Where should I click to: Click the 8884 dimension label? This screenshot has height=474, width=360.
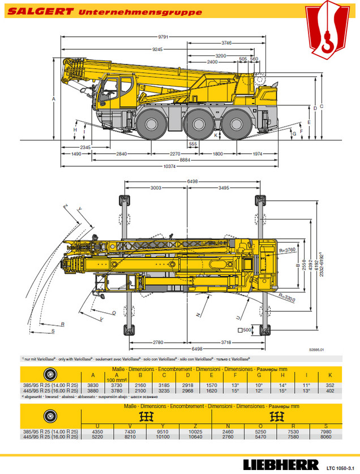[169, 160]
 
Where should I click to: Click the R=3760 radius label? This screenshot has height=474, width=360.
[288, 249]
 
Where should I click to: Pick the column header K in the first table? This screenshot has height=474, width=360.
[329, 376]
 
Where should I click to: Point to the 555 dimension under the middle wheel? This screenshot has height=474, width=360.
[193, 144]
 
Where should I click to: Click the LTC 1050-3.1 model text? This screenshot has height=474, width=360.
[341, 467]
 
